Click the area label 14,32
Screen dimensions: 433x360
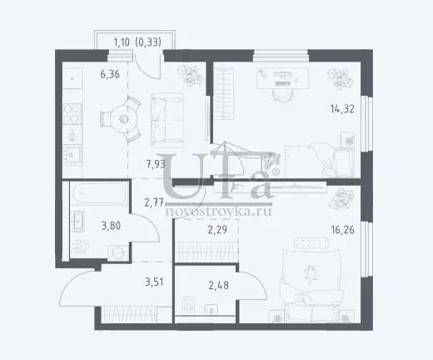(342, 109)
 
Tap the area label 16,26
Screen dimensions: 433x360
(342, 230)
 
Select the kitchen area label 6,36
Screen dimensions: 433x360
(110, 74)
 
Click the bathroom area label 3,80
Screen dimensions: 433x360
(111, 226)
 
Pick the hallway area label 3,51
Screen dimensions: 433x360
(154, 282)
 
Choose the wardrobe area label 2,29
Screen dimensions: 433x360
(217, 230)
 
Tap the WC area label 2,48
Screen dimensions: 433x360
(219, 285)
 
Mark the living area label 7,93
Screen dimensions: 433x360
(156, 164)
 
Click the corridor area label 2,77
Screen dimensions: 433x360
(154, 202)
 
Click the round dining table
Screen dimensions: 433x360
(124, 120)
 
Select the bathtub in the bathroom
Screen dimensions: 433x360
(99, 193)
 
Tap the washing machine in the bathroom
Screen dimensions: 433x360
(118, 253)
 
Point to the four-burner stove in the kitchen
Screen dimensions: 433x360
(72, 114)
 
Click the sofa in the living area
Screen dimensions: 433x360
(167, 120)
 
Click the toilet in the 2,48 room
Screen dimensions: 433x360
(188, 305)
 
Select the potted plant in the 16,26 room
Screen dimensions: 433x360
(341, 199)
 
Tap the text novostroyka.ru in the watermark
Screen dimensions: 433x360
(218, 212)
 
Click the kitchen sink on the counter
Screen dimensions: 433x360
(72, 154)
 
